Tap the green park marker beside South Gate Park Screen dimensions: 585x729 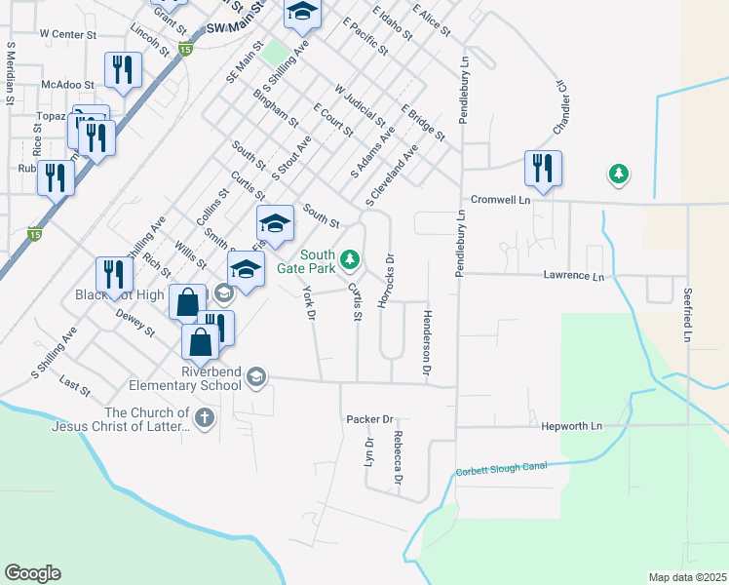pos(352,259)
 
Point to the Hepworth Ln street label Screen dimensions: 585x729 pos(577,427)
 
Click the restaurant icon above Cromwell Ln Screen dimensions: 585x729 pos(543,168)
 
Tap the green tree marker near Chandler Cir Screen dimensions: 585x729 pos(617,175)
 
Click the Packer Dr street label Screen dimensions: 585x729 pos(368,419)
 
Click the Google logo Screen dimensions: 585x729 pos(32,573)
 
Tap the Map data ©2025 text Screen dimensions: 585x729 pos(688,577)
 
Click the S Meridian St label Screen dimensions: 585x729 pos(10,73)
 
